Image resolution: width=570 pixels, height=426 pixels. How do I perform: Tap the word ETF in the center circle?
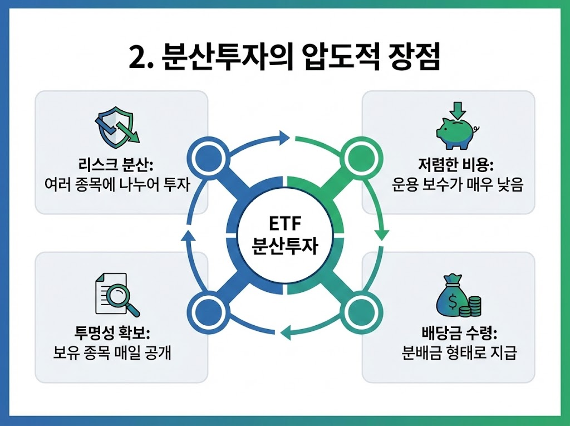284,226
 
